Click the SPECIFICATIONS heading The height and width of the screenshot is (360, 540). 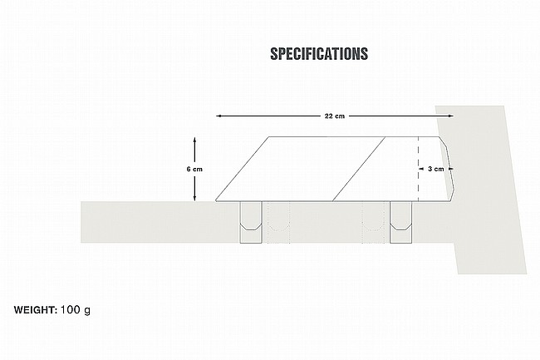[319, 54]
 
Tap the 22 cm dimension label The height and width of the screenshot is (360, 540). [335, 116]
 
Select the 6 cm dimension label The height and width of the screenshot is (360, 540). [194, 169]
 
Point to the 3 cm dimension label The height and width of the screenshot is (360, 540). [435, 169]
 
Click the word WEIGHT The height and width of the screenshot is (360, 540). [36, 310]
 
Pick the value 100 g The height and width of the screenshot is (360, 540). [76, 310]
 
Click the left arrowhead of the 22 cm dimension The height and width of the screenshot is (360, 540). [218, 116]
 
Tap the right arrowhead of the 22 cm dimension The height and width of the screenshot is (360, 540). [451, 116]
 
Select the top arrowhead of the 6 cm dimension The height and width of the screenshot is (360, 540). [194, 140]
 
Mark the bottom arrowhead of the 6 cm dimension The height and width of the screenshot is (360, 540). [194, 198]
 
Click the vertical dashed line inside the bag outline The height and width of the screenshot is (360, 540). [418, 169]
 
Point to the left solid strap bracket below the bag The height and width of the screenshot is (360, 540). [251, 222]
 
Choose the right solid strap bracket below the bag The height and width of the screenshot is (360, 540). [401, 222]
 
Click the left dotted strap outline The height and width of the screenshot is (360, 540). [277, 222]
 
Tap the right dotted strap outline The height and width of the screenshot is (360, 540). [375, 222]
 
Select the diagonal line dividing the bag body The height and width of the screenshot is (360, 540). [359, 169]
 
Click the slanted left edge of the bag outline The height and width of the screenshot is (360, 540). [243, 169]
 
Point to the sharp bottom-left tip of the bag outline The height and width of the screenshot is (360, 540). [216, 201]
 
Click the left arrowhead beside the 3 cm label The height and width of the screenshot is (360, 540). [421, 169]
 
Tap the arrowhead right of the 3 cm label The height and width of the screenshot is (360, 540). [449, 169]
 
